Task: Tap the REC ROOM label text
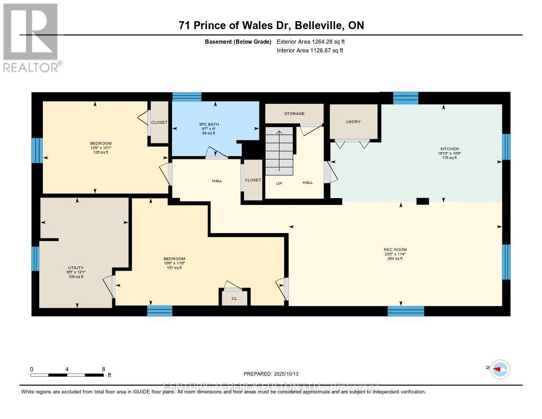[395, 249]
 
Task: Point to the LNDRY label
[353, 122]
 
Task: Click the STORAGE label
[294, 113]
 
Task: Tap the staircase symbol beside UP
[279, 150]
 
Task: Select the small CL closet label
[234, 299]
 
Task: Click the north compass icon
[500, 369]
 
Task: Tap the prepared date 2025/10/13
[275, 373]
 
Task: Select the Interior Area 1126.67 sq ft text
[310, 50]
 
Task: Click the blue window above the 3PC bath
[187, 97]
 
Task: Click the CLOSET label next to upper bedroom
[159, 122]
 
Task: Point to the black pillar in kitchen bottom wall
[422, 201]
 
